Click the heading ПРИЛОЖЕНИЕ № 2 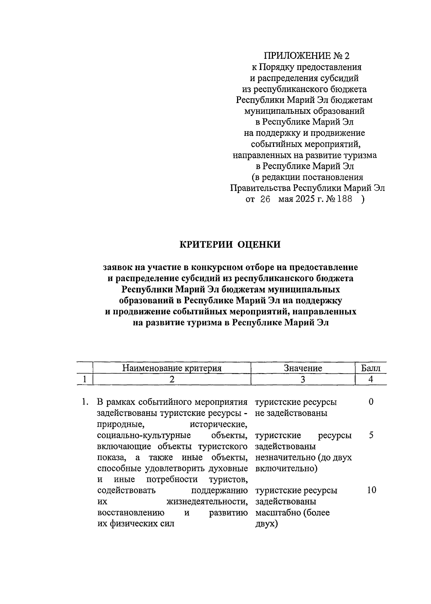[306, 56]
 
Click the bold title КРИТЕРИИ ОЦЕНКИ [230, 245]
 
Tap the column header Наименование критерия [172, 368]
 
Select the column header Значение [303, 368]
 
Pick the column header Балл [371, 368]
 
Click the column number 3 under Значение [303, 379]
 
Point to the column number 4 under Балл [371, 379]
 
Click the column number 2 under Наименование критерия [172, 379]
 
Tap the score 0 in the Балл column [371, 402]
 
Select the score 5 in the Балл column [371, 435]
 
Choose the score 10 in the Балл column [371, 490]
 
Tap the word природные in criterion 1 [120, 425]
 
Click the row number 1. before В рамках [85, 402]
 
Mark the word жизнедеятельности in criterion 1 [207, 501]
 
